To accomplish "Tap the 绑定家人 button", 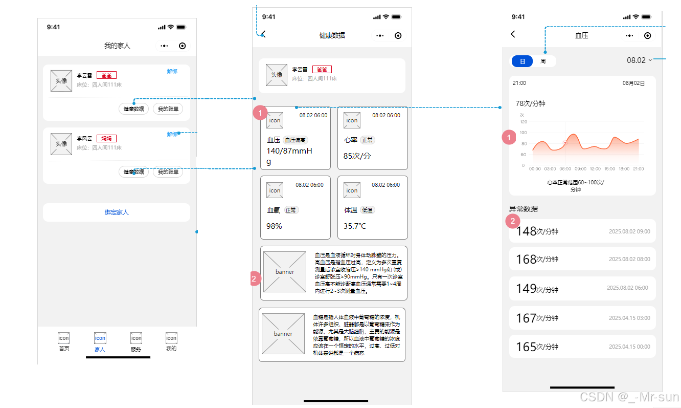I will click(x=117, y=212).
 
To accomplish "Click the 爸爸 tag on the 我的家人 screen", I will click(x=106, y=75).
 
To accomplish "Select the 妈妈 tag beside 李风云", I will click(x=106, y=138).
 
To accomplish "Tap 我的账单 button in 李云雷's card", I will click(x=168, y=109).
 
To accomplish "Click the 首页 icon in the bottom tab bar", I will click(x=63, y=338).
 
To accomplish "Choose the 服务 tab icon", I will click(x=136, y=338).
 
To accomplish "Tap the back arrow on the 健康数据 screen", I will click(x=263, y=35).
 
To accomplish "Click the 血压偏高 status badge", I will click(x=296, y=140).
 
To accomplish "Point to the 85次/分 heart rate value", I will click(x=357, y=156).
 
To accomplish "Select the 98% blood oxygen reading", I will click(x=274, y=226).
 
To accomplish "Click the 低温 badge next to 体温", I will click(x=368, y=210).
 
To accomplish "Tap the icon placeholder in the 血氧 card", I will click(x=275, y=190).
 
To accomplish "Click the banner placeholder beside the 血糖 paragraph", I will click(x=283, y=334).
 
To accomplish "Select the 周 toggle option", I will click(x=543, y=61).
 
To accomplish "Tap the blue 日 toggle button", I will click(x=522, y=61).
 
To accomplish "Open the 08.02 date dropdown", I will click(x=640, y=60).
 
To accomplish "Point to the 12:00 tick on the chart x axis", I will click(x=595, y=168).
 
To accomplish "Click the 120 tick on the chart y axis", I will click(x=523, y=122).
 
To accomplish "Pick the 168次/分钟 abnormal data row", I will click(x=582, y=259).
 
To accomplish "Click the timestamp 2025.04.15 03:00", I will click(x=629, y=318).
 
